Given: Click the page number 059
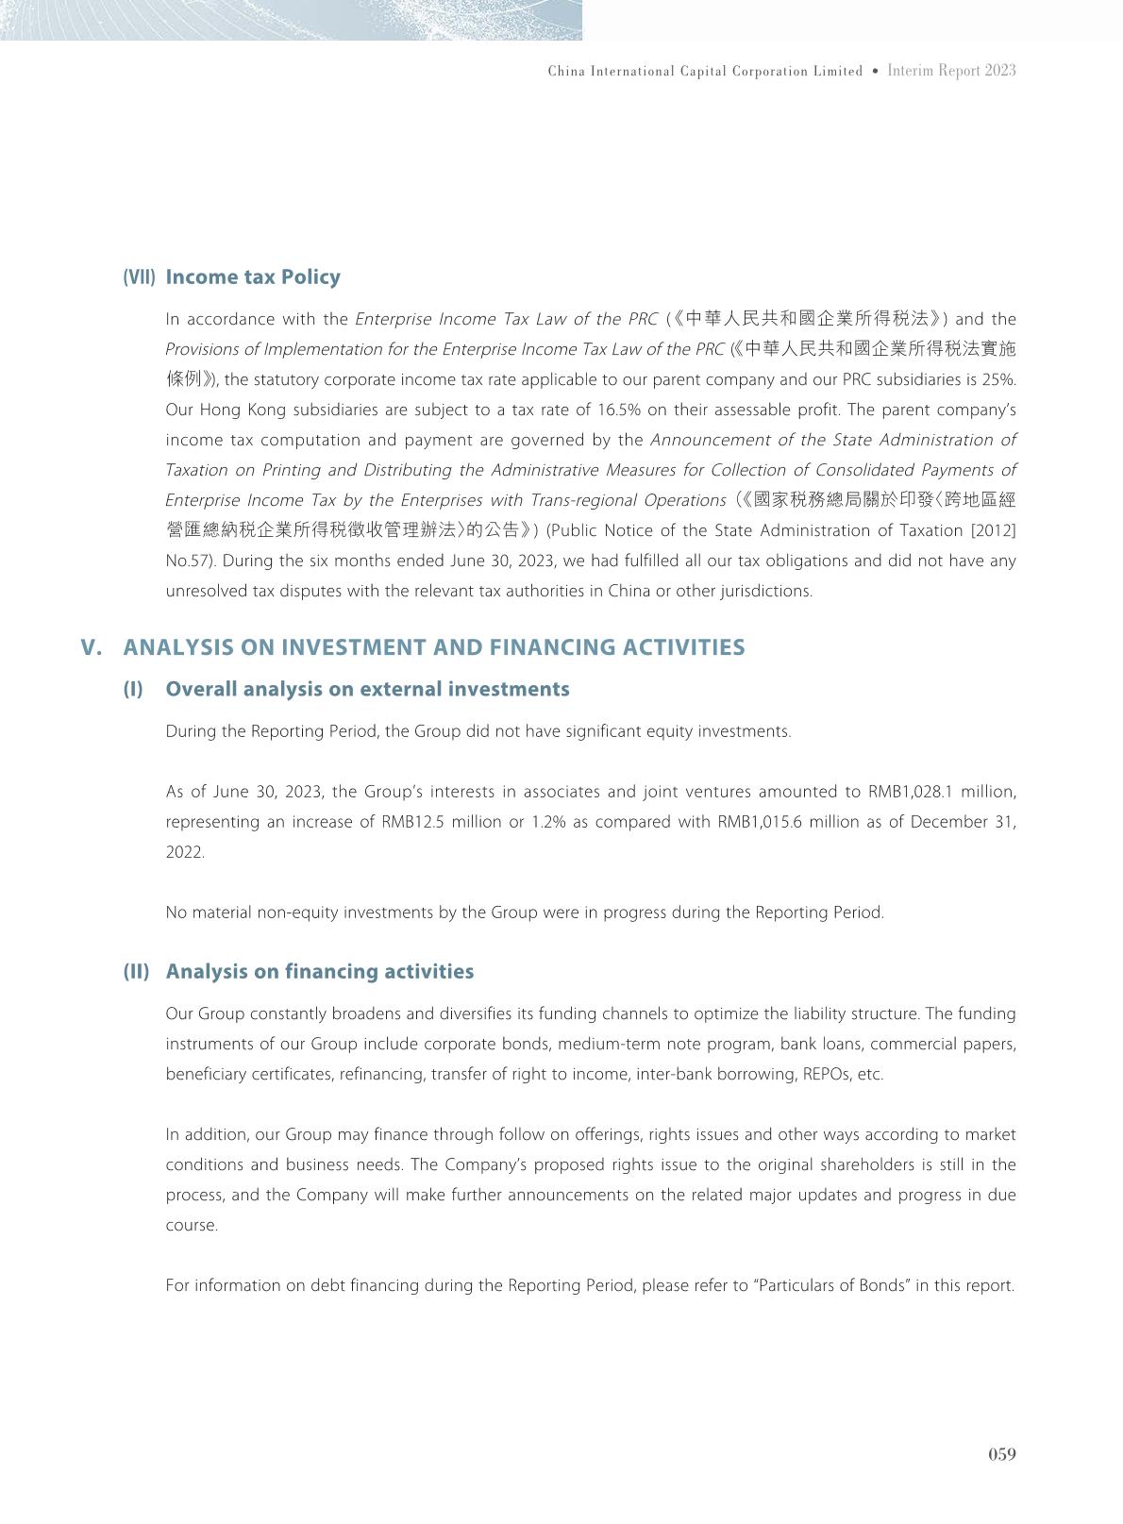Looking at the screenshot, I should coord(1001,1454).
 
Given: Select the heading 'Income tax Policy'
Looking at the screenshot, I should coord(253,277).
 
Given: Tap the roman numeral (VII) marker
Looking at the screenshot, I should coord(139,277).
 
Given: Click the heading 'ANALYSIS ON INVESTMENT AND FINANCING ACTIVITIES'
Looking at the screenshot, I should coord(434,647).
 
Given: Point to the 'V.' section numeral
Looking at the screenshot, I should coord(91,647).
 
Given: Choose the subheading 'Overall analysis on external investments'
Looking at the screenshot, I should coord(367,689).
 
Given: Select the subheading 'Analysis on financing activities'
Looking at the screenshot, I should coord(320,972).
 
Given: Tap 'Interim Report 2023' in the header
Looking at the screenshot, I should coord(951,71).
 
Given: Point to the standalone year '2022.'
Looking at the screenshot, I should coord(185,852).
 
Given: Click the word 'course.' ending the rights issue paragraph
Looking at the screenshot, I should coord(192,1225).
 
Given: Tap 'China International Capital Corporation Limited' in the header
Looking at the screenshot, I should coord(705,71).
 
